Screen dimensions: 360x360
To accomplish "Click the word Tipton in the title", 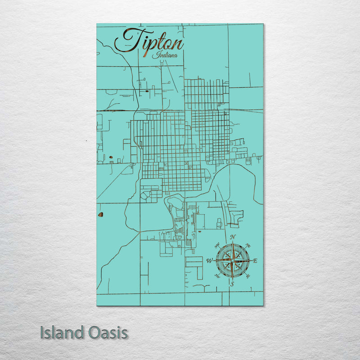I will pyautogui.click(x=149, y=41).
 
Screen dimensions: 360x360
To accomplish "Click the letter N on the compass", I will pyautogui.click(x=233, y=237).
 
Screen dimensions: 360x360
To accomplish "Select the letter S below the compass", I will pyautogui.click(x=232, y=284).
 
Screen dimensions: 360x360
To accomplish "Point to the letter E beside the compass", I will pyautogui.click(x=255, y=261).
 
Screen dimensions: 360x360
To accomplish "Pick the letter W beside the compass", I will pyautogui.click(x=209, y=261).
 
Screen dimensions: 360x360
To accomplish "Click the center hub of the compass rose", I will pyautogui.click(x=232, y=261).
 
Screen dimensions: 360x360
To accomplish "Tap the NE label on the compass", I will pyautogui.click(x=247, y=246).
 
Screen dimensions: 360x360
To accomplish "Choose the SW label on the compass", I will pyautogui.click(x=218, y=275).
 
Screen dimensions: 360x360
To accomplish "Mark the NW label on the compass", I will pyautogui.click(x=218, y=246).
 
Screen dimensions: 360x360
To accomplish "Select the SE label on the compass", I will pyautogui.click(x=247, y=275).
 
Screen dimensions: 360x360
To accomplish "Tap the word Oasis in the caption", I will pyautogui.click(x=108, y=333).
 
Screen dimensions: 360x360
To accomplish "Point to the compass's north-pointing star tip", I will pyautogui.click(x=232, y=243).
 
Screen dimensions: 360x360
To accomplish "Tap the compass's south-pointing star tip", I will pyautogui.click(x=232, y=278).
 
